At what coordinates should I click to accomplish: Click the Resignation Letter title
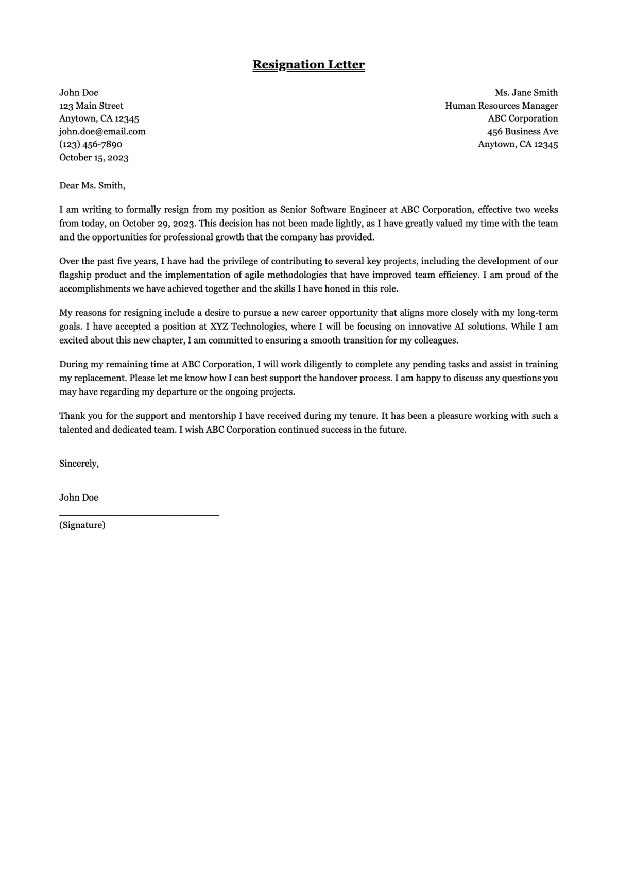308,65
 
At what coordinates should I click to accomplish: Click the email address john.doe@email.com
102,131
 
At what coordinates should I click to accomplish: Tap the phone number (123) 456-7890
91,144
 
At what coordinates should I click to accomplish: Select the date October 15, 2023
94,158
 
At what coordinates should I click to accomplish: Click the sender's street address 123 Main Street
91,106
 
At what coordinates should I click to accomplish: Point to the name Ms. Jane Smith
526,93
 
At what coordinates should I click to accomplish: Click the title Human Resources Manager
501,106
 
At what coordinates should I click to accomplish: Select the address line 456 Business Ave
522,131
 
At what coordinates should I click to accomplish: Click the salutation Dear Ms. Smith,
92,186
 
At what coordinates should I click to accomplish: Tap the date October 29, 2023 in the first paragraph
159,224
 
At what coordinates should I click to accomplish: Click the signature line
139,514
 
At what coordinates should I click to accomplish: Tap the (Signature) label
82,525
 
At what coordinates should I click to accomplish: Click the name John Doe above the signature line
78,498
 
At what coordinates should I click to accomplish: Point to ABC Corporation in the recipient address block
523,118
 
